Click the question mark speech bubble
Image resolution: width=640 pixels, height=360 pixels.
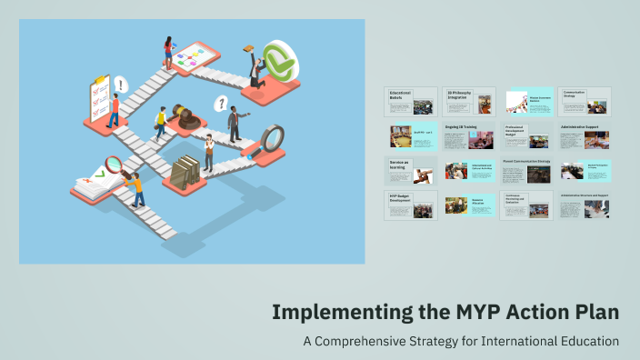(x=220, y=104)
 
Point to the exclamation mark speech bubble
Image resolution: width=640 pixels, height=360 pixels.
(x=121, y=85)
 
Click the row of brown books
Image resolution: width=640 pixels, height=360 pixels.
(x=185, y=170)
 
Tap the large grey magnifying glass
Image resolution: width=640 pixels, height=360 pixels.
(x=271, y=139)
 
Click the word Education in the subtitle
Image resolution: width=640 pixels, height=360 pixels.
(x=589, y=341)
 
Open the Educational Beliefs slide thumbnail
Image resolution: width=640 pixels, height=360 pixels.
(x=410, y=102)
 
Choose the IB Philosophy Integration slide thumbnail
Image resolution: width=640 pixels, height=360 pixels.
(x=469, y=102)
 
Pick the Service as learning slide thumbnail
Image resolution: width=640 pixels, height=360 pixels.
(x=410, y=170)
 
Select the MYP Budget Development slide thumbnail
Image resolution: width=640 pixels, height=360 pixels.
(x=410, y=205)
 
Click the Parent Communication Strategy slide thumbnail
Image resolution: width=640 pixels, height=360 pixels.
(x=526, y=170)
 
